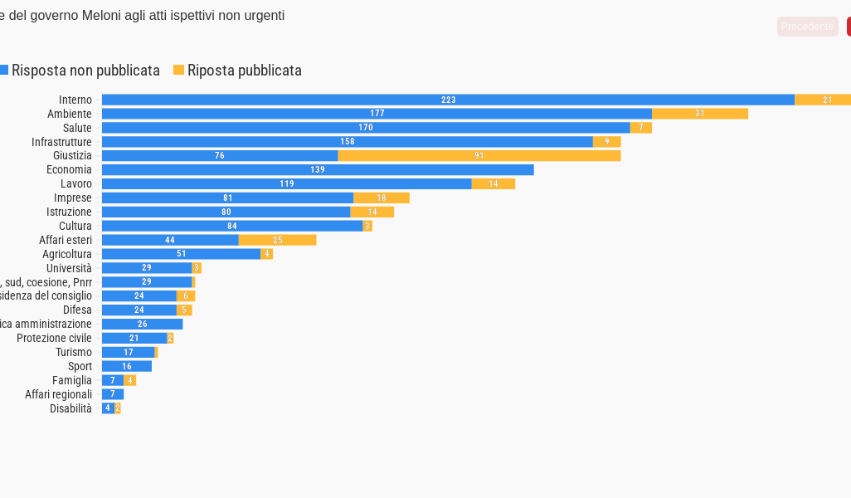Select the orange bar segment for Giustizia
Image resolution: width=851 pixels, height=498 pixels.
coord(479,155)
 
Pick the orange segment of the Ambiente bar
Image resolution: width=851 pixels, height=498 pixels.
coord(700,114)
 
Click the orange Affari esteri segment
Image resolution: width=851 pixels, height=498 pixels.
coord(277,240)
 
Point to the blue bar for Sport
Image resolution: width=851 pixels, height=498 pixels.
coord(127,366)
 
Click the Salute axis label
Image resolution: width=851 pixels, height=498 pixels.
coord(77,128)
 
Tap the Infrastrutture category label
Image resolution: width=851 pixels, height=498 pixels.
coord(61,142)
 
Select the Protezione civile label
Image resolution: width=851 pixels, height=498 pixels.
coord(54,338)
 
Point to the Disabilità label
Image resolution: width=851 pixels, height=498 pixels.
coord(71,408)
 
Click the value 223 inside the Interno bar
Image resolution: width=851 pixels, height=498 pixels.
coord(449,100)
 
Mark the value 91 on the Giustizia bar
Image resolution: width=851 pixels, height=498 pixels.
coord(479,155)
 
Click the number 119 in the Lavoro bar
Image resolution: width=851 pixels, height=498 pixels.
coord(287,183)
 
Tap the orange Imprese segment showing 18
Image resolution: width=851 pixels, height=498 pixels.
coord(382,198)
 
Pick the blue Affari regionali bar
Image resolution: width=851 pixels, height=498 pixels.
coord(113,394)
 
